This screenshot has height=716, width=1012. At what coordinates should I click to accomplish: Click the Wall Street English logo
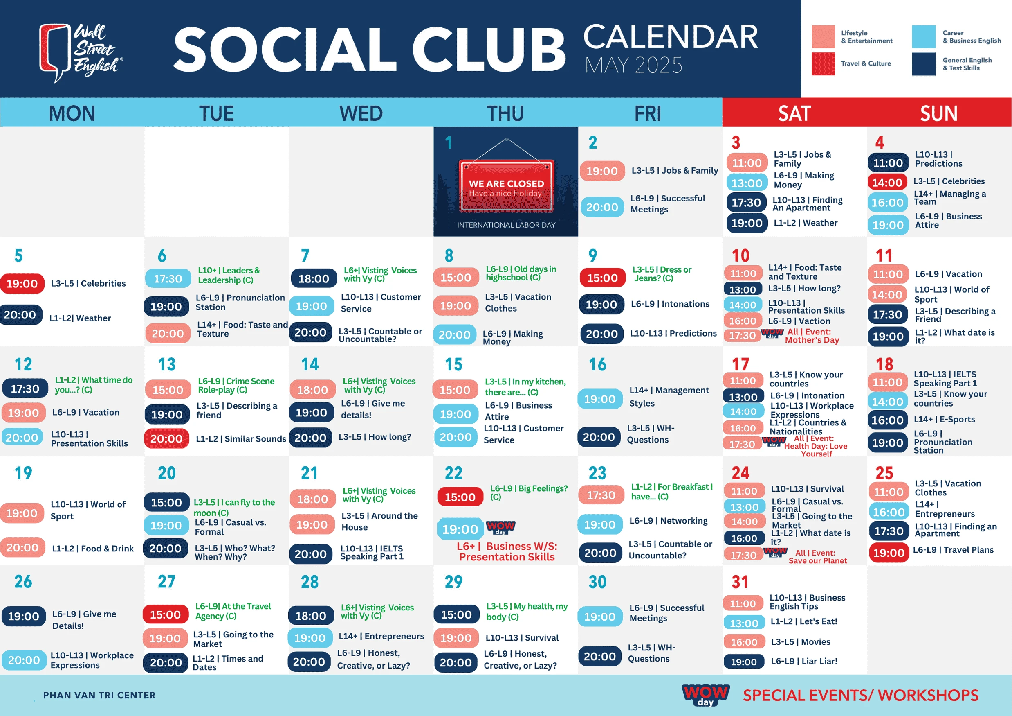[x=81, y=52]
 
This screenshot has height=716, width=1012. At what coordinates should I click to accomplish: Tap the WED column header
[x=361, y=113]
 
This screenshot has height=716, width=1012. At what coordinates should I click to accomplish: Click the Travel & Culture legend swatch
[x=824, y=64]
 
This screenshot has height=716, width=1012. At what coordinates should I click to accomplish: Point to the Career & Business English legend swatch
[x=924, y=36]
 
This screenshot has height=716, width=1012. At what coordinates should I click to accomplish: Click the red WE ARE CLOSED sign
[x=507, y=186]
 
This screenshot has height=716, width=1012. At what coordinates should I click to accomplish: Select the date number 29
[x=453, y=582]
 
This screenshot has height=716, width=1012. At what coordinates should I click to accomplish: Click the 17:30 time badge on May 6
[x=168, y=279]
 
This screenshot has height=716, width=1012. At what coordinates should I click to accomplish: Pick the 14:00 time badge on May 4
[x=887, y=183]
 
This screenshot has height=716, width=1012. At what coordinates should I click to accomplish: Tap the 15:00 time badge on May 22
[x=460, y=497]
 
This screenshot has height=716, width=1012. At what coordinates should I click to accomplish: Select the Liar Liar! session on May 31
[x=804, y=661]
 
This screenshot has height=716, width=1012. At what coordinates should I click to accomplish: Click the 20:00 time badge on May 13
[x=166, y=438]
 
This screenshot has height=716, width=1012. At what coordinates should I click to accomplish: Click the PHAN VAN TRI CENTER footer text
[x=99, y=695]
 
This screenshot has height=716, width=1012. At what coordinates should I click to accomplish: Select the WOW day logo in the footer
[x=705, y=695]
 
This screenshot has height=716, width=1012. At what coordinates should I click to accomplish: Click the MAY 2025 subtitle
[x=633, y=65]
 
